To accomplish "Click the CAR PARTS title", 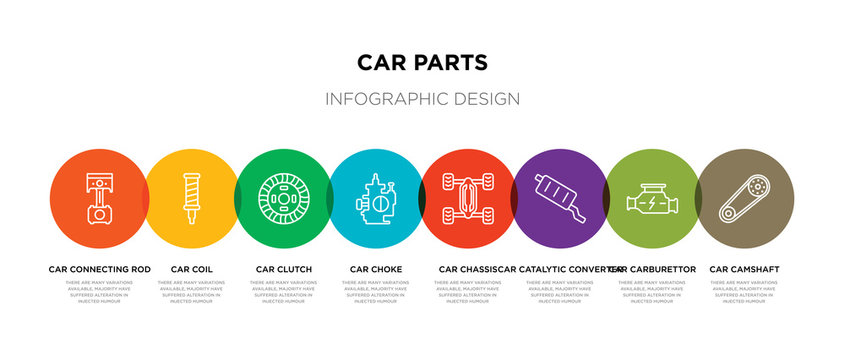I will [x=422, y=63].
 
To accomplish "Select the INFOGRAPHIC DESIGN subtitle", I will [x=422, y=99].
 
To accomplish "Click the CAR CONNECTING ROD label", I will [x=100, y=269].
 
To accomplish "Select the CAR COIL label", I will [x=192, y=269].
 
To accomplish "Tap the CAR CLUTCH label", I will [x=284, y=269].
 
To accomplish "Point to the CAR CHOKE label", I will [x=376, y=269].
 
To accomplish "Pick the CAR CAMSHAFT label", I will [x=744, y=269].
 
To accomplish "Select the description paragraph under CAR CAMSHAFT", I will [x=744, y=291].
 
